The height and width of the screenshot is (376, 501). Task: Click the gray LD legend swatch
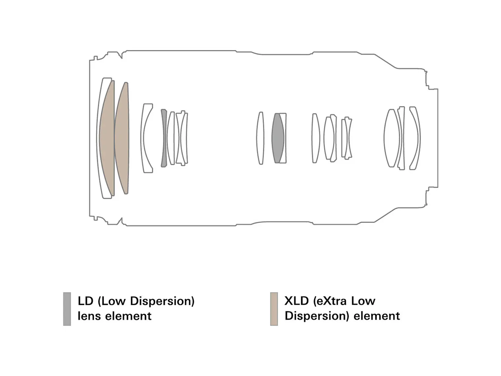[67, 309]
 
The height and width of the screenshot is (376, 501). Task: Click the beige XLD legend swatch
[274, 309]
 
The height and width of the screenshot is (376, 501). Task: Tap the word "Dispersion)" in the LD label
[162, 301]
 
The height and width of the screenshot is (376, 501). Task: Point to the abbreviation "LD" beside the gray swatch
[86, 301]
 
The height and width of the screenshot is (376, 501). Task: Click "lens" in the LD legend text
[89, 316]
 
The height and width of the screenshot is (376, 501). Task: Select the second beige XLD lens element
[122, 138]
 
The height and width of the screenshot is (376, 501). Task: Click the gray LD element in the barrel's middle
[278, 138]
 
